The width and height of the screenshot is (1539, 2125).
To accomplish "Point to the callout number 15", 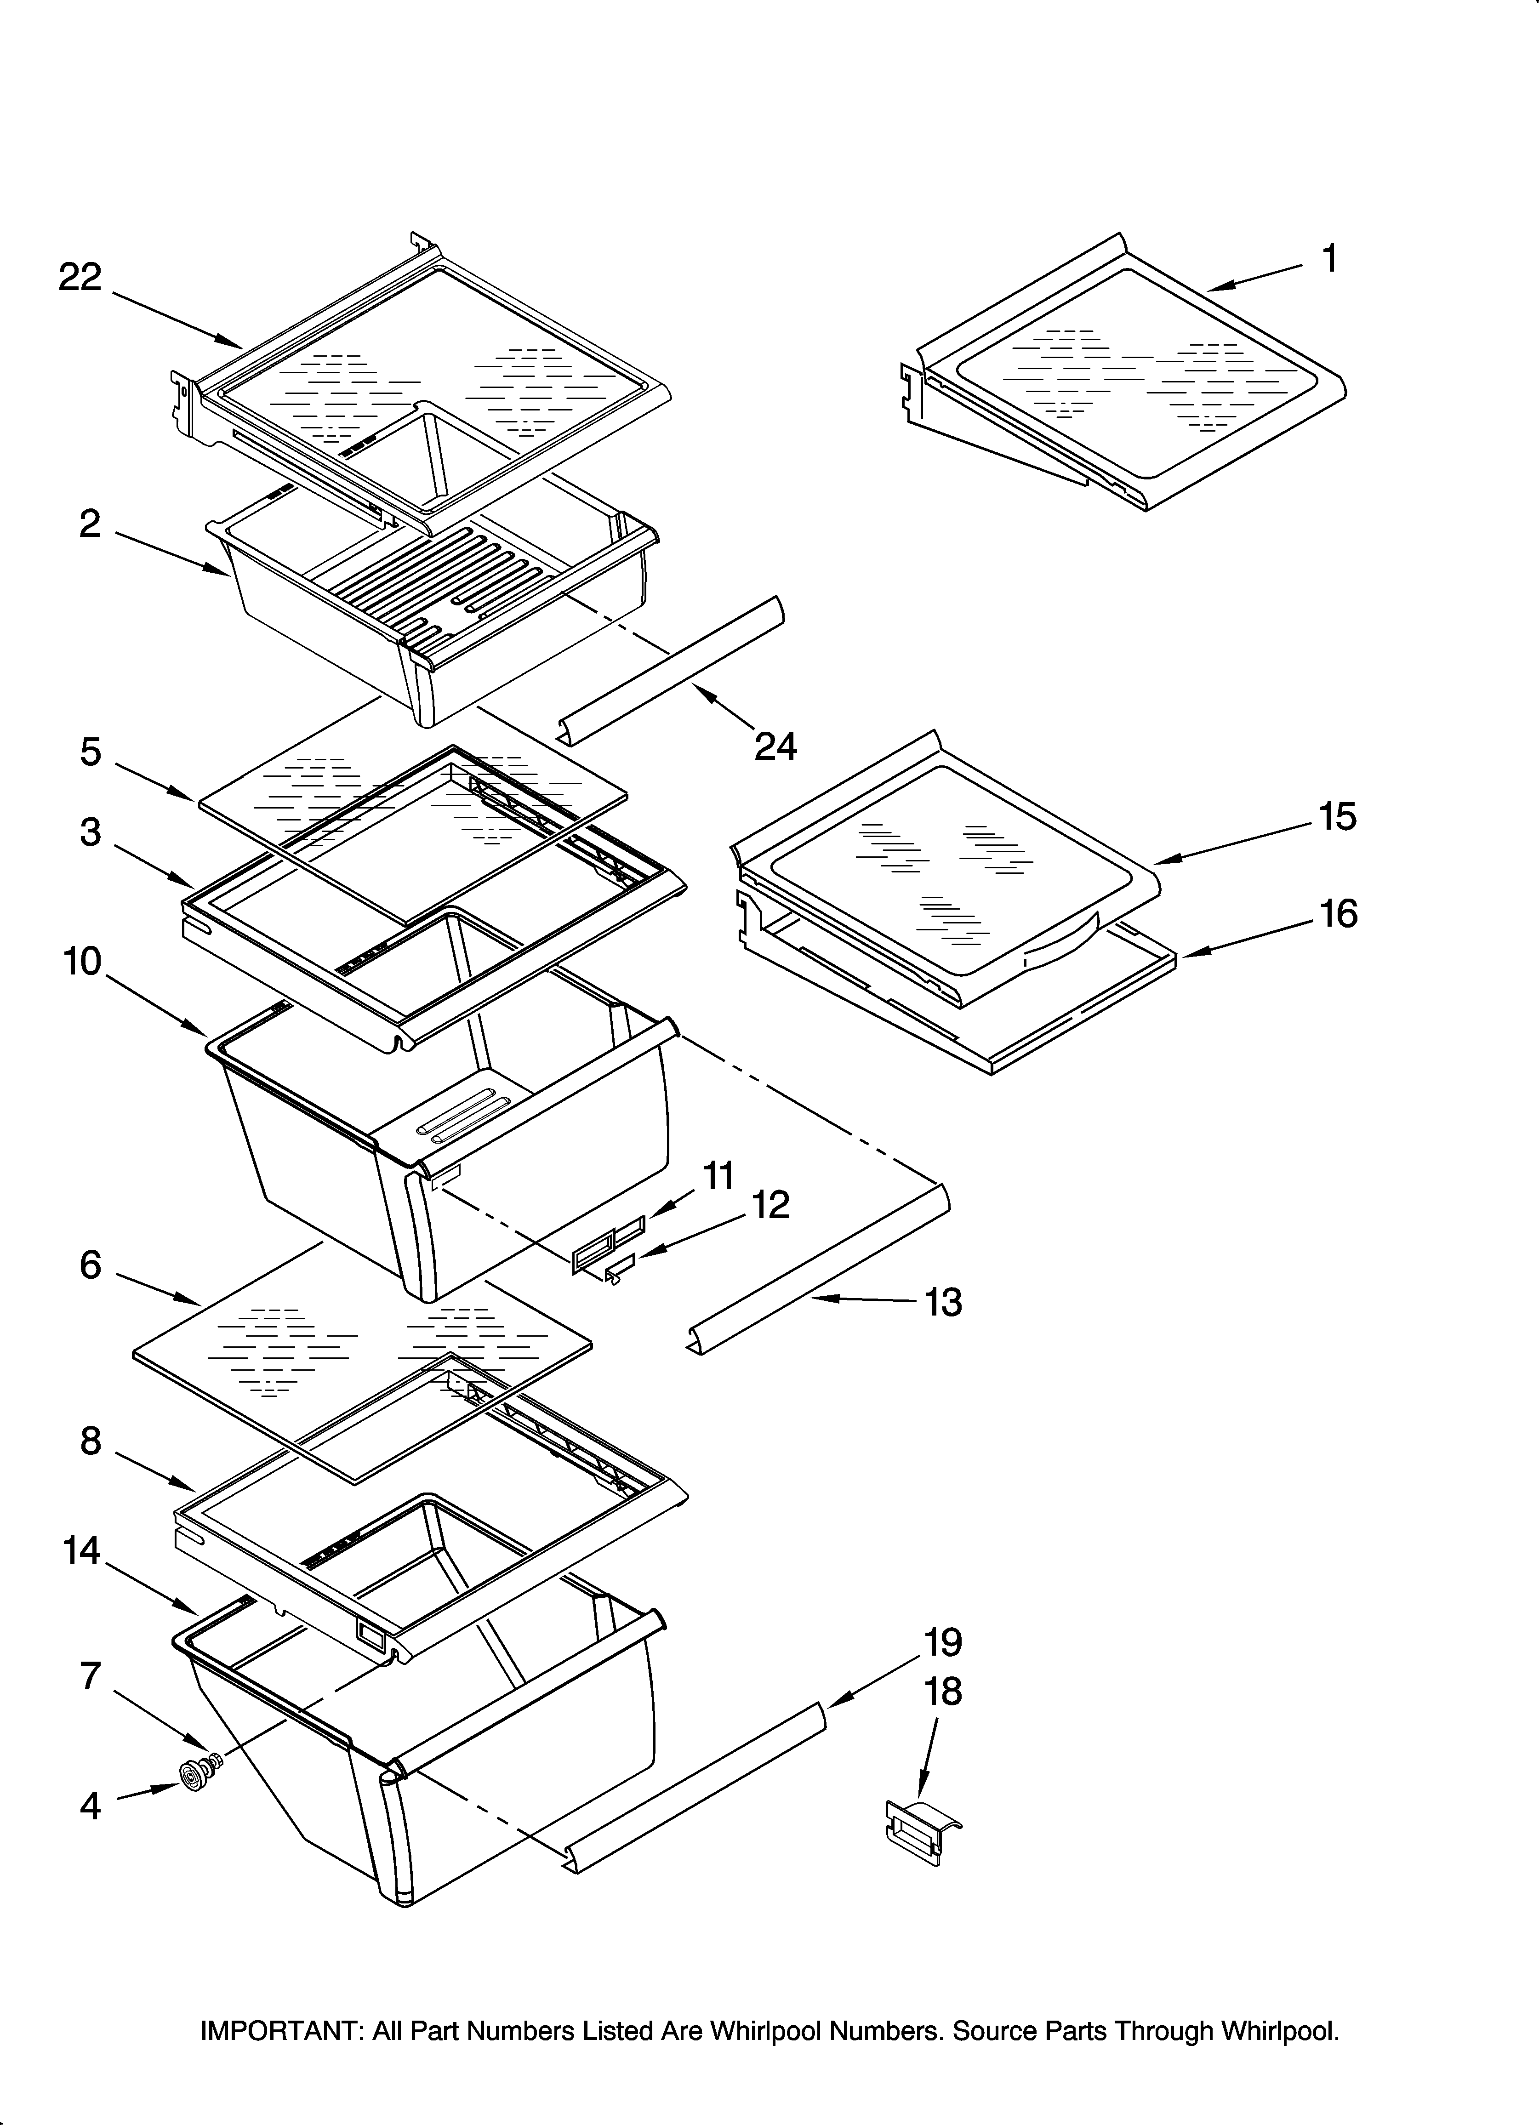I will click(1338, 816).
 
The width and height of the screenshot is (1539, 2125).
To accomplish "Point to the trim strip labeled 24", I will click(673, 667).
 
